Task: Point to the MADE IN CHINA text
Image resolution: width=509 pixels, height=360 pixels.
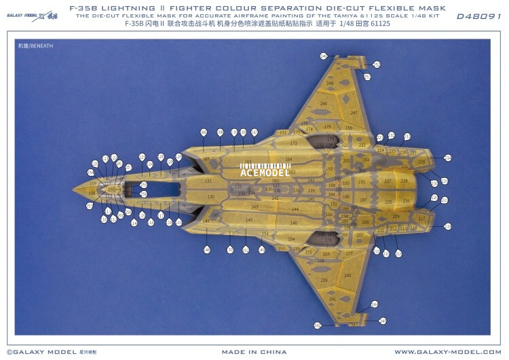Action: coord(254,352)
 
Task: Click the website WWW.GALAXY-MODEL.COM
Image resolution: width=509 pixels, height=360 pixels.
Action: coord(448,352)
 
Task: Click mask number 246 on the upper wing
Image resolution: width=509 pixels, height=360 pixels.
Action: coord(324,104)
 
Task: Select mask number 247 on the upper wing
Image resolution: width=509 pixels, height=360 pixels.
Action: coord(353,113)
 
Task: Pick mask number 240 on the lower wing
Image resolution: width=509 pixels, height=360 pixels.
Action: coord(347,275)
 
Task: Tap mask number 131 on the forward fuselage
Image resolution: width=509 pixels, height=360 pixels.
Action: coord(208,181)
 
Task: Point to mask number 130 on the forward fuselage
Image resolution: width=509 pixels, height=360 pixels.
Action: coord(210,197)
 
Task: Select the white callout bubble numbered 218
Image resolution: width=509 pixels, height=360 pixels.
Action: coord(447,226)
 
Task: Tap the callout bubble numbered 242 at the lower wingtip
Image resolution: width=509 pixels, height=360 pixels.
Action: coord(382,321)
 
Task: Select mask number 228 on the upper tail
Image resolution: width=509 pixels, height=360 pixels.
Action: coord(421,162)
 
